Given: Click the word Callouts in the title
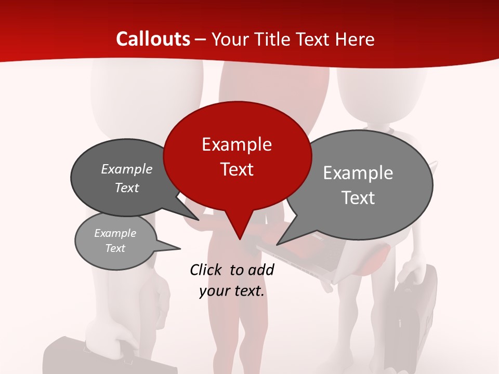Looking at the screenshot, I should pos(153,39).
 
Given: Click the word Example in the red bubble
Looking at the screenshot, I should pos(237,144).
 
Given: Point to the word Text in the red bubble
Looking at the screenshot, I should pos(237,169).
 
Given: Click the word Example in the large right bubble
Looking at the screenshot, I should pos(358,173).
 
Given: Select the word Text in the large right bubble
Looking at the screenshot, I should pos(359,198).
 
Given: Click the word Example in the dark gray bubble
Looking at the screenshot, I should pos(127,169).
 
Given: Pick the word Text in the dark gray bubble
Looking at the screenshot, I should pos(127,188).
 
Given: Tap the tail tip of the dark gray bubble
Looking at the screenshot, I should pos(199,220).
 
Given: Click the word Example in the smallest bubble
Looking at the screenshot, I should pos(115,233).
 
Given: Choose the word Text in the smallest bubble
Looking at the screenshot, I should pos(115,248).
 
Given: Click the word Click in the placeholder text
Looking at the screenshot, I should pos(206,270).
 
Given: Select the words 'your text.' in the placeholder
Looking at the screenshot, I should pos(232,291).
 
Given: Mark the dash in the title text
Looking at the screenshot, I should pos(201,39).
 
